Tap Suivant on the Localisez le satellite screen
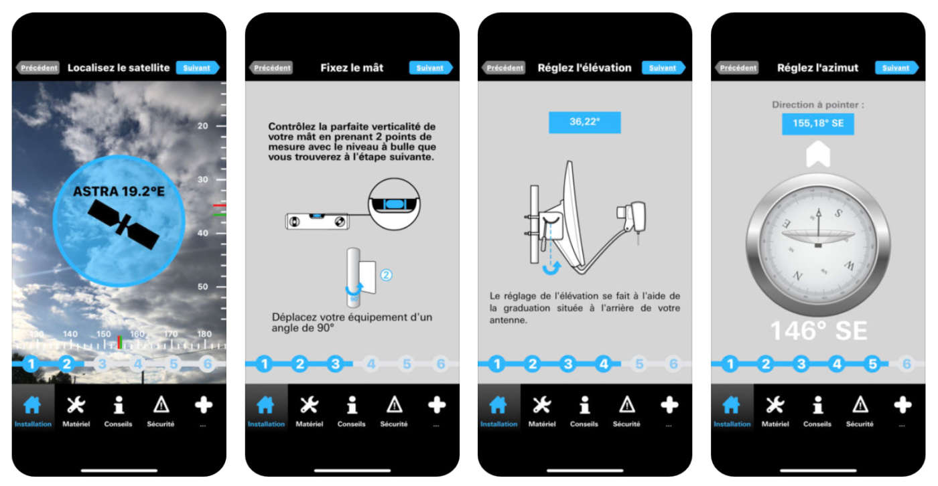pos(197,68)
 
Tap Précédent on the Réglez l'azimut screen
pos(738,68)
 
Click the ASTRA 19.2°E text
pos(119,191)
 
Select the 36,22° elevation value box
pos(584,123)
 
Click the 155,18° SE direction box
pos(817,124)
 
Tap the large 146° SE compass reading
pos(818,331)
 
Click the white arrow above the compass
pos(818,155)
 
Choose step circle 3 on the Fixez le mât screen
pos(336,364)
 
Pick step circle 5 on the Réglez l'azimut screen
pos(872,364)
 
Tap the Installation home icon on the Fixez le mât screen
pos(266,405)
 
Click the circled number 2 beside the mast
pos(385,274)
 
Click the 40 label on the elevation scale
pos(202,233)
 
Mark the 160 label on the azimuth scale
pos(137,334)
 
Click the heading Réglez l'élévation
pos(584,68)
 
